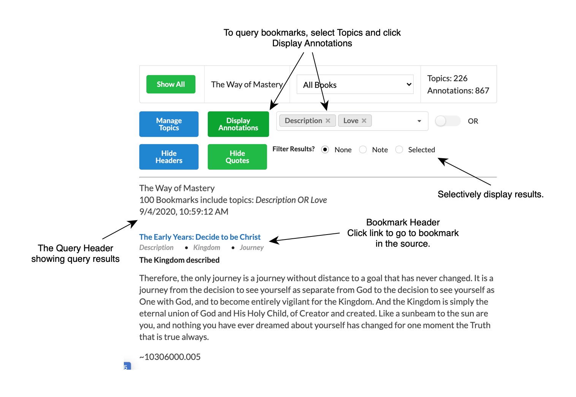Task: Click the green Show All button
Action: click(171, 84)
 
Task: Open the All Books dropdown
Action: click(355, 85)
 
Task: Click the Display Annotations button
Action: click(238, 124)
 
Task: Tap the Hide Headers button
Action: click(169, 157)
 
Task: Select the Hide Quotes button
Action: click(237, 157)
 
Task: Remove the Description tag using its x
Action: click(328, 121)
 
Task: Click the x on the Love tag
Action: click(364, 121)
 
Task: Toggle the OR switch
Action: click(448, 121)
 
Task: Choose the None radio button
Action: click(325, 150)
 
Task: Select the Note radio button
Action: click(363, 150)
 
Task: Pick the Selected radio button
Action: click(399, 150)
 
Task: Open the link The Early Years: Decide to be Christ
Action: click(200, 237)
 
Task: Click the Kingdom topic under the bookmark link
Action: click(207, 247)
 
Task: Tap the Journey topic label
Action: click(252, 247)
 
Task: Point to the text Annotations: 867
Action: click(458, 91)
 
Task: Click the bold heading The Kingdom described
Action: click(179, 260)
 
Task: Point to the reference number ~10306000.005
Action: click(170, 357)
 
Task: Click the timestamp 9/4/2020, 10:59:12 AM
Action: click(184, 212)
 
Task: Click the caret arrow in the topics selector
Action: click(419, 121)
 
